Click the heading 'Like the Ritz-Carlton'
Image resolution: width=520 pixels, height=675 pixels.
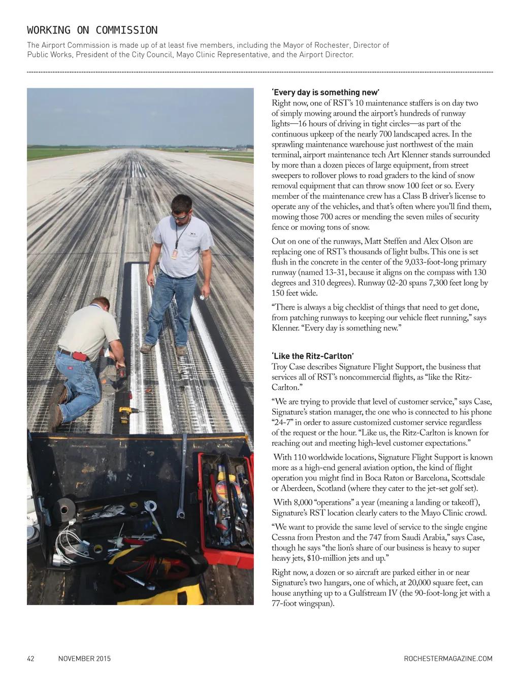[x=313, y=356]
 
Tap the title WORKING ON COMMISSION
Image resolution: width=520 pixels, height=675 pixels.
[x=92, y=30]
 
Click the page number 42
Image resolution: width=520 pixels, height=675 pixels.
[x=30, y=659]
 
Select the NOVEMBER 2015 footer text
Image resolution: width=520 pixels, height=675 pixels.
[x=84, y=659]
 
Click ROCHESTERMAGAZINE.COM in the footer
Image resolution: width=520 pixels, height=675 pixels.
[x=448, y=659]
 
